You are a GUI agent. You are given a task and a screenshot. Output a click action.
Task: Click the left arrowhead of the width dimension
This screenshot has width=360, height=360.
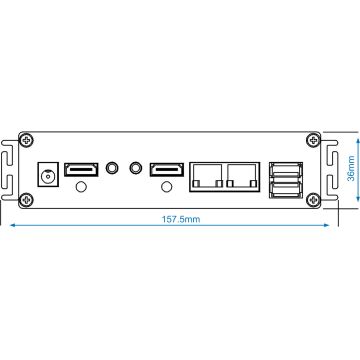click(x=11, y=225)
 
